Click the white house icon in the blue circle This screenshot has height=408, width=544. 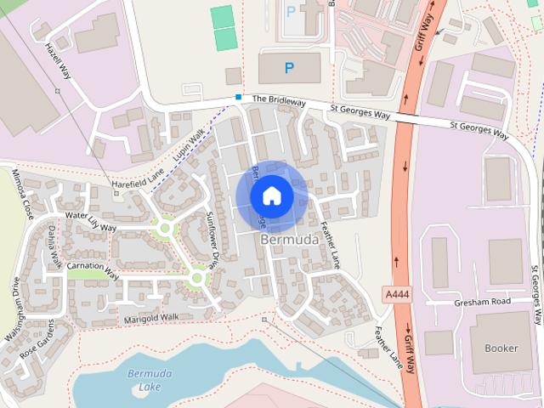point(272,195)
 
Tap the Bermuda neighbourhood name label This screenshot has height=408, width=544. point(290,241)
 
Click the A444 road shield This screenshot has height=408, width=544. point(395,293)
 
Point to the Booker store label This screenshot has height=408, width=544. point(501,348)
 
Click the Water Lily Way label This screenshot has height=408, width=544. point(90,222)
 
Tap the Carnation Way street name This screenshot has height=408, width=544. point(93,269)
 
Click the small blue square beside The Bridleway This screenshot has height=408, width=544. point(239,97)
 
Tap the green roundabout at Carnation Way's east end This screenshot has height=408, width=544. point(197,277)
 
